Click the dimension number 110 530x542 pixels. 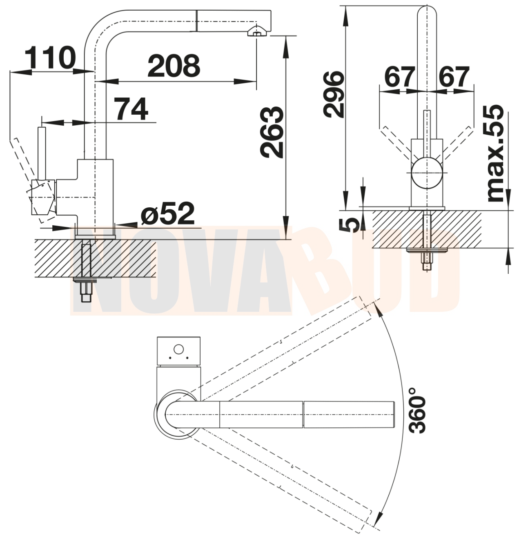pos(51,58)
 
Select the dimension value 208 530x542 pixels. pos(174,66)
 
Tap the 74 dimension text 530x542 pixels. pos(132,109)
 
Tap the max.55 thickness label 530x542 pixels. pos(495,153)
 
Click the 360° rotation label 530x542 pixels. pos(417,410)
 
